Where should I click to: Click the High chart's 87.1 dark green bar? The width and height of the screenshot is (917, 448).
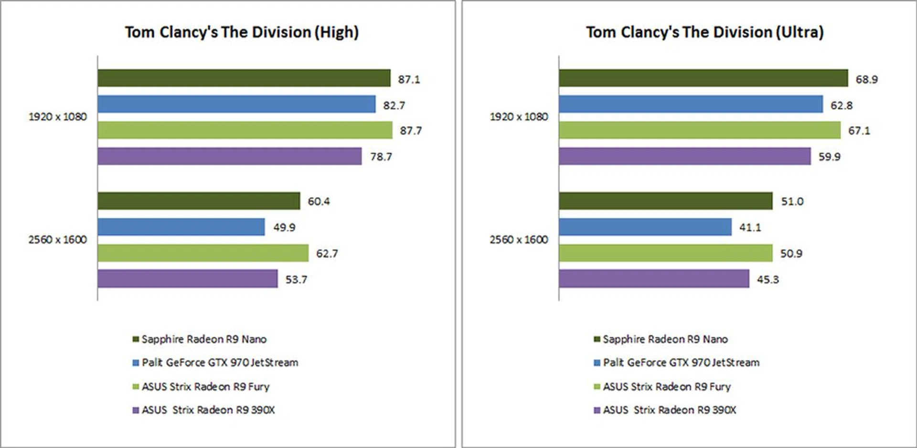(x=244, y=78)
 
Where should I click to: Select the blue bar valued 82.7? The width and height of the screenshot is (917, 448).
(x=236, y=104)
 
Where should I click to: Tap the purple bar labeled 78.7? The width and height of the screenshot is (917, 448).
(x=229, y=156)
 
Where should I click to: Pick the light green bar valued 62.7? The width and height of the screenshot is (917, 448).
(x=203, y=253)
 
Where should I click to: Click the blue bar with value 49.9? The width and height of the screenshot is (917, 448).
(x=181, y=227)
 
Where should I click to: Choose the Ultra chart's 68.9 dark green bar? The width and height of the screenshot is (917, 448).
(x=703, y=78)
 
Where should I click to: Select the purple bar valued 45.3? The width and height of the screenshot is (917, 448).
(x=654, y=279)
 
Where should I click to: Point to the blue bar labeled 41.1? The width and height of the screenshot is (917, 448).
(x=645, y=227)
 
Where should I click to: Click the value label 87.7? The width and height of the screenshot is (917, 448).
(x=411, y=131)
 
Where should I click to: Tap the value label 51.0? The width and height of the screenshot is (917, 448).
(x=792, y=202)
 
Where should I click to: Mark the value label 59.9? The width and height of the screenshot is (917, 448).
(x=829, y=157)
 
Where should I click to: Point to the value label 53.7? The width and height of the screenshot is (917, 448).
(x=296, y=279)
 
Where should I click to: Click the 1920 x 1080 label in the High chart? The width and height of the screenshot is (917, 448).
(x=58, y=117)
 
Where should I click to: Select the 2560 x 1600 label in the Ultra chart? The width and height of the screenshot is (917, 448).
(x=519, y=240)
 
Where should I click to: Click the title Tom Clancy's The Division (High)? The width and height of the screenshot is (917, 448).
(x=242, y=32)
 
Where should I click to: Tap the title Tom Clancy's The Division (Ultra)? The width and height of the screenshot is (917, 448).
(x=704, y=32)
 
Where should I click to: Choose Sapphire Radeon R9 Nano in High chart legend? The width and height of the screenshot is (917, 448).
(x=204, y=339)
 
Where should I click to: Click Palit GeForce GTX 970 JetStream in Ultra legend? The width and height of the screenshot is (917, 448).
(x=681, y=363)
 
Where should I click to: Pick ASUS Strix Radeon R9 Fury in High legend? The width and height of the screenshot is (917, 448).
(x=205, y=386)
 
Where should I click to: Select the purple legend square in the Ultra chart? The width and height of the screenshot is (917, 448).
(x=597, y=410)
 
